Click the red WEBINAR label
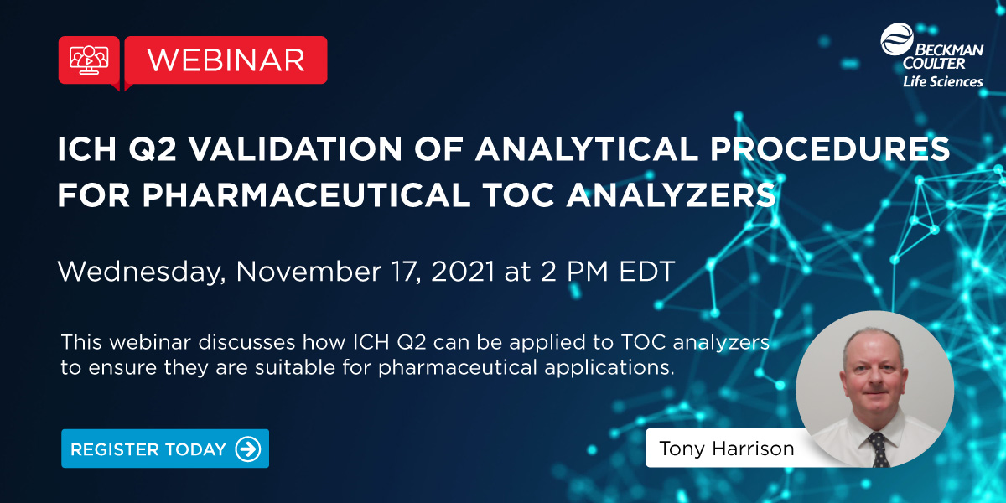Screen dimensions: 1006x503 [x=226, y=60]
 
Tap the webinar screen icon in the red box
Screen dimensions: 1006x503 [x=89, y=60]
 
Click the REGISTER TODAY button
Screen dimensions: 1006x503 [x=165, y=449]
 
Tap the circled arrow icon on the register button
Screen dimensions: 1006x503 [x=248, y=449]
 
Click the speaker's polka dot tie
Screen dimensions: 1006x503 [x=878, y=449]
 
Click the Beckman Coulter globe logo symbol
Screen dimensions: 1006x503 [x=897, y=39]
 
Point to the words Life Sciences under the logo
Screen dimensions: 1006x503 [x=942, y=82]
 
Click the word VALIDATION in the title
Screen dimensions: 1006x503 [x=295, y=149]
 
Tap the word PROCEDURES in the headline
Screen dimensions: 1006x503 [x=830, y=149]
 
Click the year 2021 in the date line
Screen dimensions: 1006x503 [x=463, y=272]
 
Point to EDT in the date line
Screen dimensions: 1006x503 [x=646, y=272]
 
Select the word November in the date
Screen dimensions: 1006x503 [x=309, y=272]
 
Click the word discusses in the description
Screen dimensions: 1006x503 [x=246, y=342]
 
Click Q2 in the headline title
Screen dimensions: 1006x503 [x=153, y=149]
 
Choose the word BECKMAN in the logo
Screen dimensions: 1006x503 [x=948, y=49]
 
